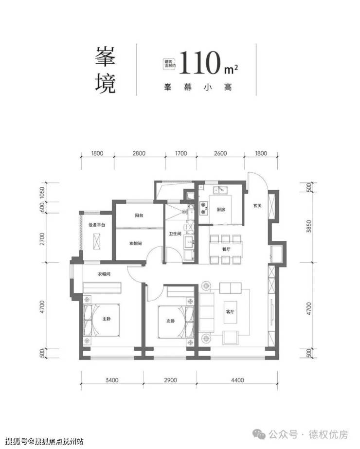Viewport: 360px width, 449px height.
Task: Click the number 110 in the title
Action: [x=199, y=63]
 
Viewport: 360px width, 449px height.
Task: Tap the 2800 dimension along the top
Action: [x=139, y=154]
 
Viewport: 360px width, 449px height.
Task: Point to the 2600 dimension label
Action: [x=220, y=154]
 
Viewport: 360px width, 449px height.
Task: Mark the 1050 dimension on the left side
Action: [x=42, y=194]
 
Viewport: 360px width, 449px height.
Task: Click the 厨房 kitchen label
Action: [x=220, y=210]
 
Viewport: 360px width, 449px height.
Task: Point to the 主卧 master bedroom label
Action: [x=107, y=320]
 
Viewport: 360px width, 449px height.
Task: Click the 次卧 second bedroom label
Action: [x=170, y=321]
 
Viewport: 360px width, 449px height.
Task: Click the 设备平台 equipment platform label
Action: [x=97, y=225]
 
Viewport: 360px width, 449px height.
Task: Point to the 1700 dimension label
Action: [x=180, y=154]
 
